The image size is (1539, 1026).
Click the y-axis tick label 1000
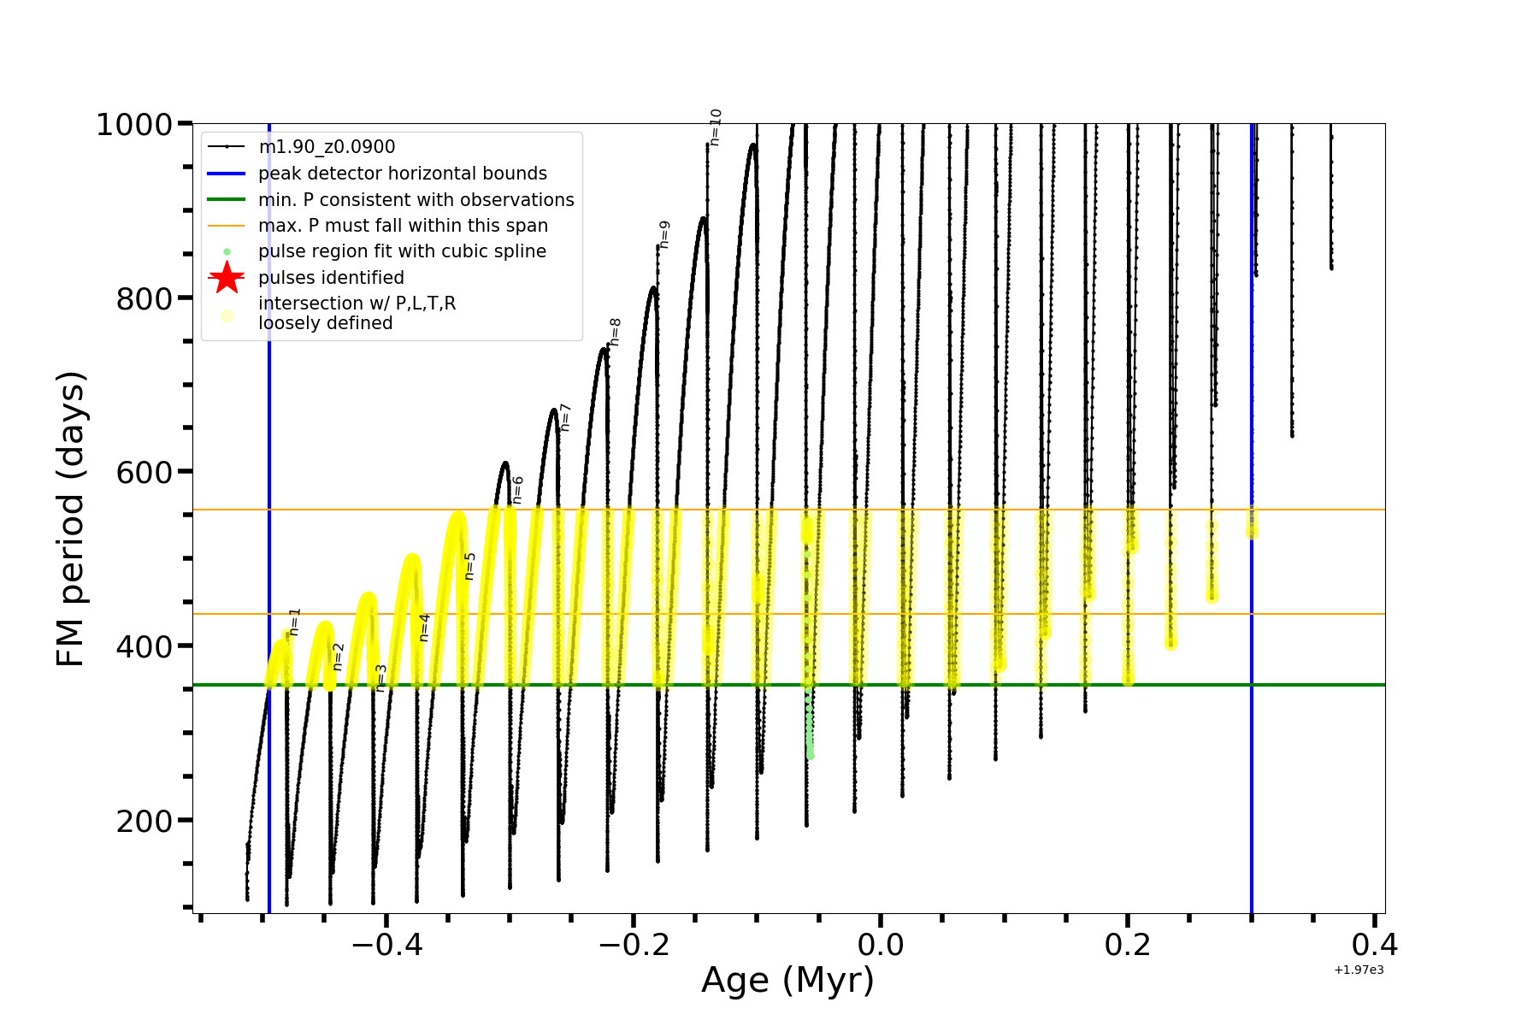tap(134, 125)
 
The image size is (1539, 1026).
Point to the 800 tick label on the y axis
tap(144, 298)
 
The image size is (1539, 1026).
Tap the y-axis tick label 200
tap(144, 821)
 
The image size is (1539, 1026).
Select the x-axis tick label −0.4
tap(386, 945)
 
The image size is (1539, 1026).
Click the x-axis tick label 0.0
tap(881, 945)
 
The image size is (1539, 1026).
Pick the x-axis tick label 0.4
tap(1375, 945)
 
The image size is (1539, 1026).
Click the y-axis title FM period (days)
tap(71, 519)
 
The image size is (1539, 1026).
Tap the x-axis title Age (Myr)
tap(787, 981)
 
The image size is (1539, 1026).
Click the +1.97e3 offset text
tap(1359, 970)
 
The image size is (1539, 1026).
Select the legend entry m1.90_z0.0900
tap(327, 148)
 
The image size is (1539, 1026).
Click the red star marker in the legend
tap(227, 278)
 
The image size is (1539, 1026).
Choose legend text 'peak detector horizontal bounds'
tap(403, 174)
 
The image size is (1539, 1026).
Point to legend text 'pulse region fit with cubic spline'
tap(402, 251)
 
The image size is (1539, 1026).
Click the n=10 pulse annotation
tap(716, 127)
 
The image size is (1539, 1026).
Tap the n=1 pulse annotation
tap(295, 622)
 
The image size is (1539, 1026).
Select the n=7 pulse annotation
tap(564, 417)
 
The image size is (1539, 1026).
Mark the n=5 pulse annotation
tap(469, 566)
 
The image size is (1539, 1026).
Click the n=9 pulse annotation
tap(664, 234)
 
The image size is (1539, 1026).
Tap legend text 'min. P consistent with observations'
tap(416, 200)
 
